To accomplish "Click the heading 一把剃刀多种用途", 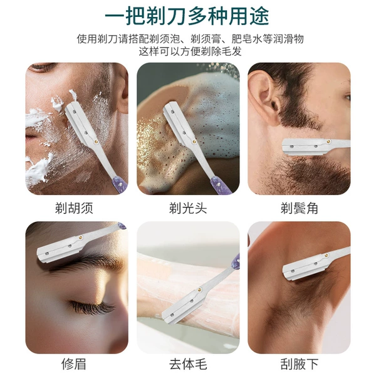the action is [187, 16].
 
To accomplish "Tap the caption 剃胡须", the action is [74, 208].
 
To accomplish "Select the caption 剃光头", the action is [188, 208].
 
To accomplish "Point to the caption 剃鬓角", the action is [299, 208].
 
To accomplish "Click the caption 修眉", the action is [74, 363].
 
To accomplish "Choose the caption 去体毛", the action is [188, 363].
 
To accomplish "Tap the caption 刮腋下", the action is [299, 363].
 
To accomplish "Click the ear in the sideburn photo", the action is [263, 96].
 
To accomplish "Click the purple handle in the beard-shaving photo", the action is [120, 185].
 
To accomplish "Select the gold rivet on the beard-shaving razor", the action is [96, 142].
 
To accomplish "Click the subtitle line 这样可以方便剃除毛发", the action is [190, 52].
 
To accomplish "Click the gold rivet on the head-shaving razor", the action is [194, 142].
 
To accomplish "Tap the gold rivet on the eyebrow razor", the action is [81, 238].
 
